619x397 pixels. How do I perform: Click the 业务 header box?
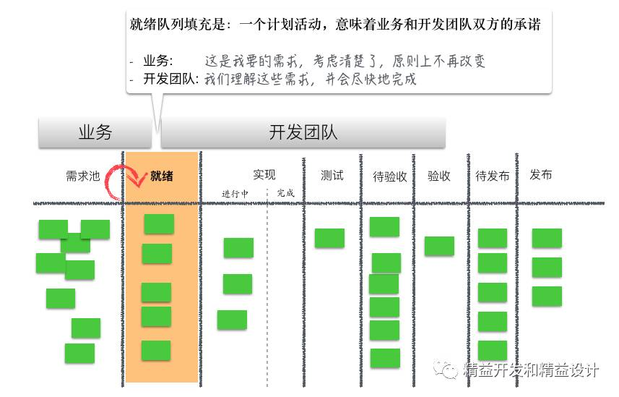(x=95, y=133)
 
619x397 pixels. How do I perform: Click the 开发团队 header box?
(x=303, y=133)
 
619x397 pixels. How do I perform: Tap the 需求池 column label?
(x=82, y=176)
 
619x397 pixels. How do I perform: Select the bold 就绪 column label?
(x=161, y=176)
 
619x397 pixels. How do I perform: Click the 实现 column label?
(x=264, y=174)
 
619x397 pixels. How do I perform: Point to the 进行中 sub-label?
(x=235, y=193)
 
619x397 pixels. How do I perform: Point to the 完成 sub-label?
(x=285, y=193)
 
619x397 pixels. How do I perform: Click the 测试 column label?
(x=332, y=175)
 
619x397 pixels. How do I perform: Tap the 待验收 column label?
(x=390, y=176)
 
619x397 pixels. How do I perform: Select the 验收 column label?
(x=439, y=175)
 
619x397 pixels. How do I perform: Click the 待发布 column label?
(x=493, y=176)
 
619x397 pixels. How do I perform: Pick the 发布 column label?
(x=541, y=175)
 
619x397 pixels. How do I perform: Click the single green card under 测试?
(x=329, y=238)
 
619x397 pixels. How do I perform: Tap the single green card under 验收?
(x=439, y=246)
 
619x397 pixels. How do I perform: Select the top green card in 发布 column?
(x=547, y=238)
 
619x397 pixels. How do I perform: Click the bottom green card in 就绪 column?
(x=156, y=350)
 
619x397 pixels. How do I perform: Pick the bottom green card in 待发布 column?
(x=493, y=350)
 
